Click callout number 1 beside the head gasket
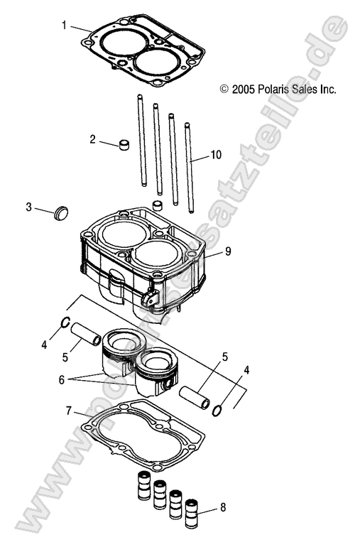65,26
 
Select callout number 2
92,139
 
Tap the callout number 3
28,207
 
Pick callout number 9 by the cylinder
228,250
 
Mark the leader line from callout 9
215,254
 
